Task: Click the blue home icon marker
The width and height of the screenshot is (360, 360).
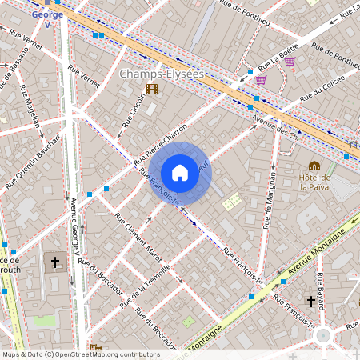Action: [x=180, y=173]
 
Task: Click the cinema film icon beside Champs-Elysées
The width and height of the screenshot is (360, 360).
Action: [x=152, y=89]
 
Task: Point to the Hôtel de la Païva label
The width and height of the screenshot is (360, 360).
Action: [x=315, y=182]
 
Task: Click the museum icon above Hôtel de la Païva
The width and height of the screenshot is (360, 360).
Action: [x=314, y=166]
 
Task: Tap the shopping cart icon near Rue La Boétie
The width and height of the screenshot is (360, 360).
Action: [x=290, y=62]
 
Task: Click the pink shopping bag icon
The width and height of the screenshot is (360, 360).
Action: [x=261, y=79]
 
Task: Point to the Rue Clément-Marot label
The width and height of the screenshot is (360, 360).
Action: [x=138, y=236]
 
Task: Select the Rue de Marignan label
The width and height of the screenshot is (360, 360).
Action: [x=270, y=197]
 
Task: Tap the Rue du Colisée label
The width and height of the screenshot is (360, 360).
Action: [x=322, y=87]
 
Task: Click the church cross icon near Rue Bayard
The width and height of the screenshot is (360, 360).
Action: [x=310, y=302]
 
